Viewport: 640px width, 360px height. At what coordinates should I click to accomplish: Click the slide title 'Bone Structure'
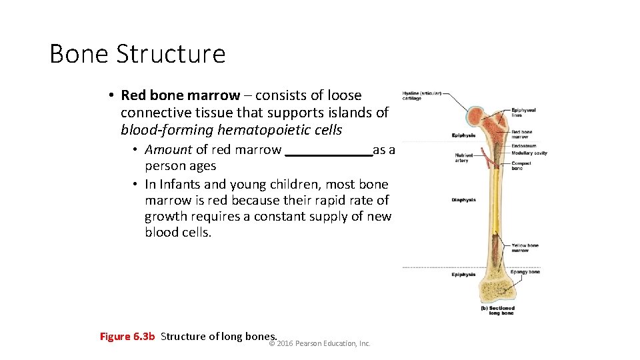click(x=137, y=53)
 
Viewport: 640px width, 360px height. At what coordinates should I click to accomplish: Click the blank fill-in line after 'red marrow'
click(x=329, y=150)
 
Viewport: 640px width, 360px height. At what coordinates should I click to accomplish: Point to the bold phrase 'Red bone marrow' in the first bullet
click(x=180, y=95)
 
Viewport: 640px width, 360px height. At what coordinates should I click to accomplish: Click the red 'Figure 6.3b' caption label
click(x=127, y=336)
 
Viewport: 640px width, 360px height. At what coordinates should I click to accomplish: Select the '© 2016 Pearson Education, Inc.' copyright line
click(x=319, y=343)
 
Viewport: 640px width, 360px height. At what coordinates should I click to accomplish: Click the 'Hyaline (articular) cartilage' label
click(x=421, y=95)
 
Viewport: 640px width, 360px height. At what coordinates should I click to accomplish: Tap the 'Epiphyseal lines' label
click(x=523, y=113)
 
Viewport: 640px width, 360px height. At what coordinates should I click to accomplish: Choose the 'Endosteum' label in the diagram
click(x=523, y=146)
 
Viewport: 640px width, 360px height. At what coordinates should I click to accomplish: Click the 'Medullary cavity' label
click(x=529, y=153)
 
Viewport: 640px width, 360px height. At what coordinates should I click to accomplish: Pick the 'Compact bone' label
click(x=521, y=166)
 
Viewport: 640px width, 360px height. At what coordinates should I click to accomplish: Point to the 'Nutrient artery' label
click(x=461, y=158)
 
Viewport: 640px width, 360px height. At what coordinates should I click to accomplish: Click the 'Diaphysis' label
click(x=463, y=200)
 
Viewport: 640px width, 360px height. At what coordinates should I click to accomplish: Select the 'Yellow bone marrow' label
click(x=525, y=248)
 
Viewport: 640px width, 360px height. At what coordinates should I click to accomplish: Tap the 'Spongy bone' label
click(x=525, y=272)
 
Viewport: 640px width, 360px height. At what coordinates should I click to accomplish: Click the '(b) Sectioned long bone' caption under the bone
click(x=497, y=311)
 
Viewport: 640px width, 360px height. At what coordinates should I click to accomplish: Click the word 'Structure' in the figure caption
click(x=183, y=336)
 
